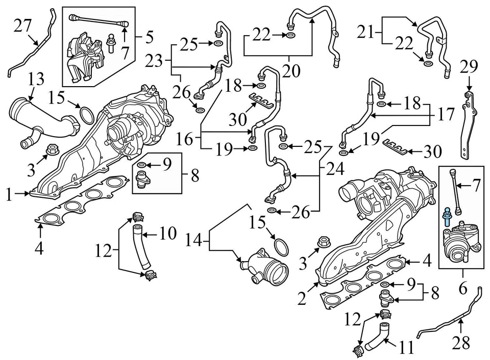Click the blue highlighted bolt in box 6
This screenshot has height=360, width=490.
pos(447,217)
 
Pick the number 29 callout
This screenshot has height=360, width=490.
pos(468,66)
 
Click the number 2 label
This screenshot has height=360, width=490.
pos(302,298)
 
